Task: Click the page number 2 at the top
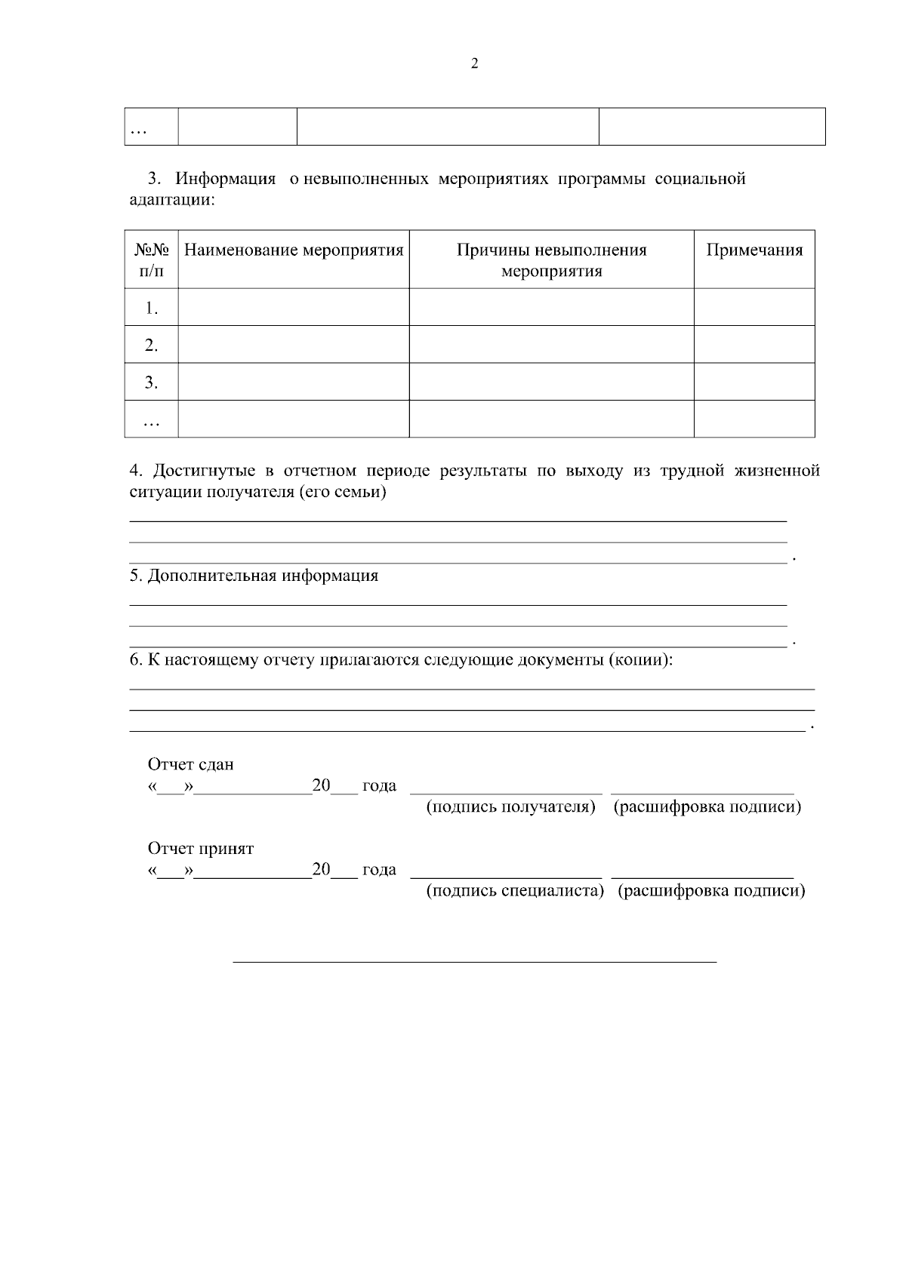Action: click(x=474, y=64)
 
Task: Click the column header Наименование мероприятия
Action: click(x=294, y=250)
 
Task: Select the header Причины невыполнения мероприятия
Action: click(x=551, y=260)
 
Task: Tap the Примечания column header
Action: click(x=754, y=250)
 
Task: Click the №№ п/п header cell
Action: click(x=152, y=260)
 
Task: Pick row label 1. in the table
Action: click(x=152, y=308)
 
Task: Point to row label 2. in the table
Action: click(x=152, y=346)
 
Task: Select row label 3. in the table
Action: click(x=152, y=382)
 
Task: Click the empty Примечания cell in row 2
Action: click(x=754, y=345)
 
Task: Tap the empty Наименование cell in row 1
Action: click(x=294, y=308)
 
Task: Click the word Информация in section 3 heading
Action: click(x=226, y=180)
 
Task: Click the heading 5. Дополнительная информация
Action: click(x=254, y=576)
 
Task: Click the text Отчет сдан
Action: click(x=191, y=764)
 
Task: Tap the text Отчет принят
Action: click(x=201, y=849)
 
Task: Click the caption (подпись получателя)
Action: click(x=511, y=807)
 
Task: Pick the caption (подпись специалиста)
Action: click(x=516, y=891)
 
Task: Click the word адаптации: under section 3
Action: click(x=173, y=201)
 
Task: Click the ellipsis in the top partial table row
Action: click(x=138, y=131)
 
